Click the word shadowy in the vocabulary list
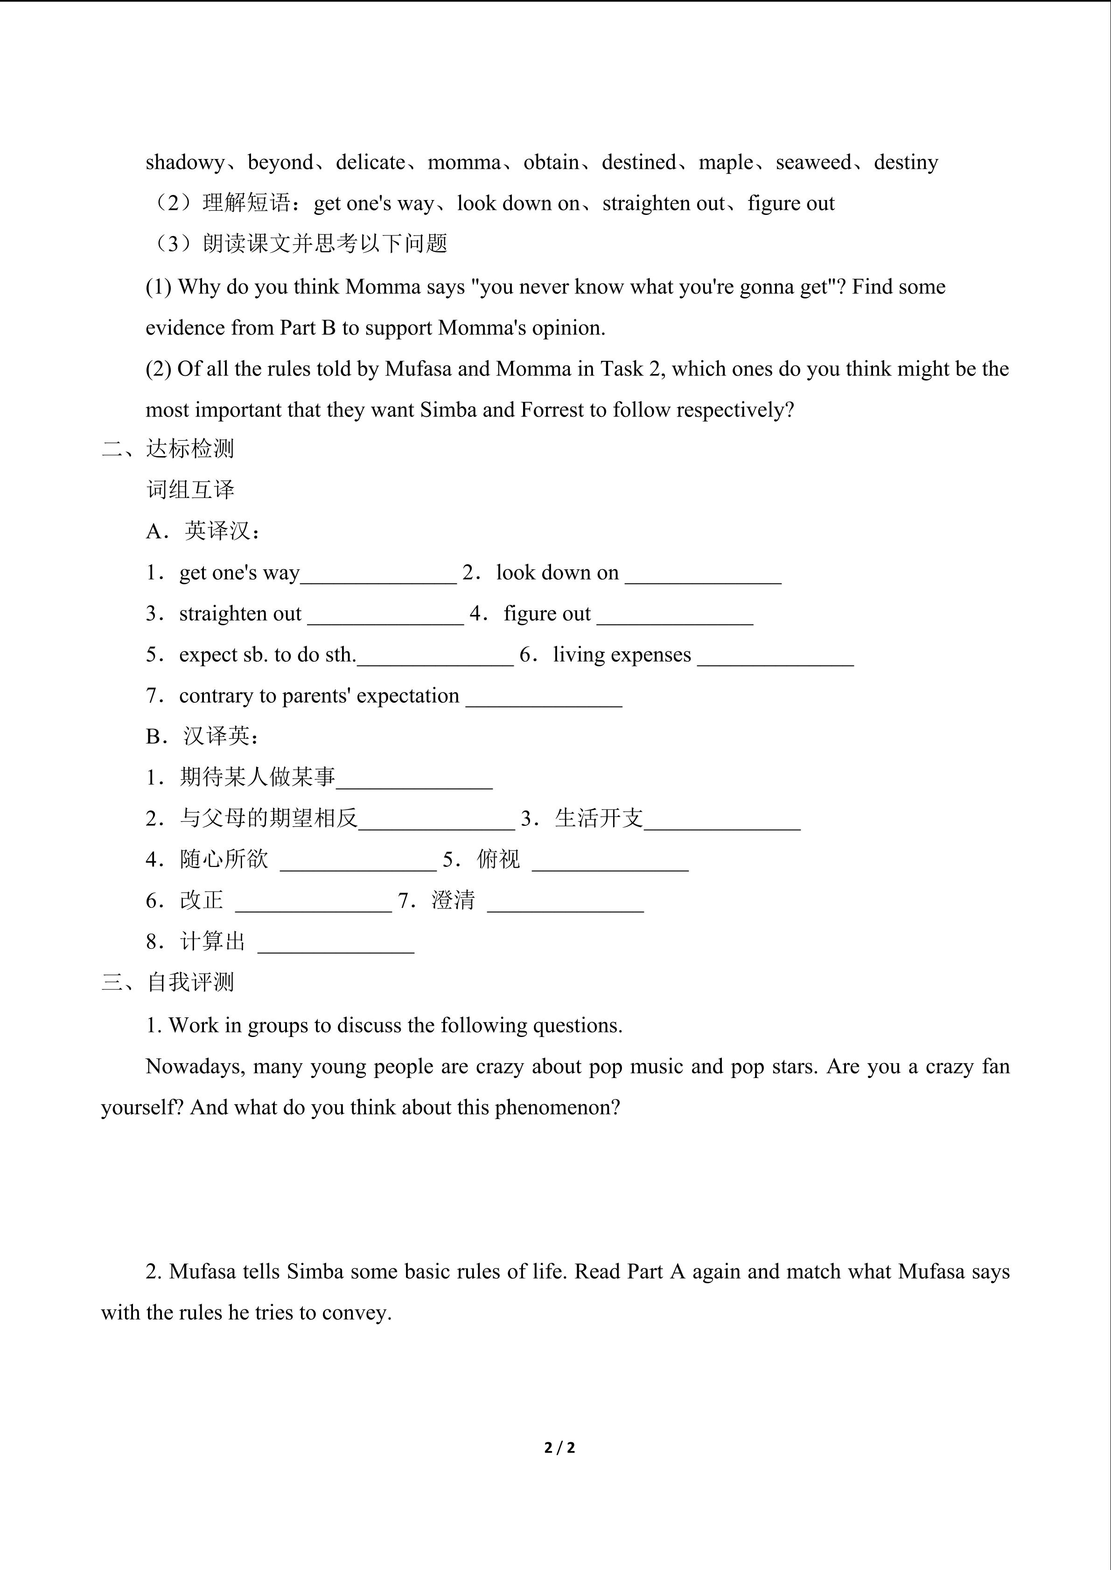[x=185, y=163]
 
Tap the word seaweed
[x=813, y=163]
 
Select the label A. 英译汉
[x=203, y=531]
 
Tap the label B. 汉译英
[x=203, y=736]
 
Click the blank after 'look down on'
[x=703, y=574]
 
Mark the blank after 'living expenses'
[x=776, y=657]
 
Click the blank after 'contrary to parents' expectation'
[x=544, y=698]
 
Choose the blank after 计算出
[x=336, y=944]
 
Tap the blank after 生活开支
[x=722, y=821]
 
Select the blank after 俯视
[x=610, y=862]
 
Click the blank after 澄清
[x=566, y=903]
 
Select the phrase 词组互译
[x=190, y=490]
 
